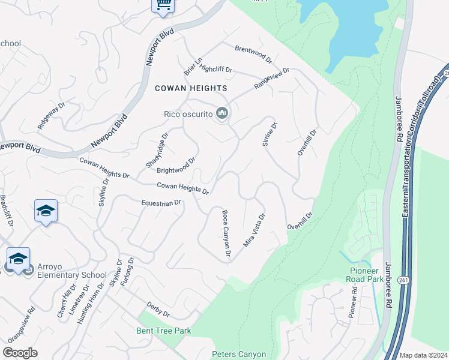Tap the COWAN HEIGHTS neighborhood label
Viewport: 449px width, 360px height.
[191, 88]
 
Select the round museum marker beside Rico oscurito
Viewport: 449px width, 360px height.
[223, 113]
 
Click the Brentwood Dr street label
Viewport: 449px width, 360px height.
[253, 55]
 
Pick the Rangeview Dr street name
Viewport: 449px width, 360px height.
[271, 79]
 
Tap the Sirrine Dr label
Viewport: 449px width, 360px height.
[270, 135]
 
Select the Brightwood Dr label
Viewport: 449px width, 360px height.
[176, 165]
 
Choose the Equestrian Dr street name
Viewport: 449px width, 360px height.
[161, 203]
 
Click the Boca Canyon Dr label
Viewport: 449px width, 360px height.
[226, 234]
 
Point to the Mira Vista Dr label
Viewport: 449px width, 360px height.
[254, 231]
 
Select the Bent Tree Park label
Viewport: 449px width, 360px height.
[163, 331]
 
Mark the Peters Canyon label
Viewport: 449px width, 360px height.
[238, 354]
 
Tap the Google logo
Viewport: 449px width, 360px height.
[20, 353]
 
